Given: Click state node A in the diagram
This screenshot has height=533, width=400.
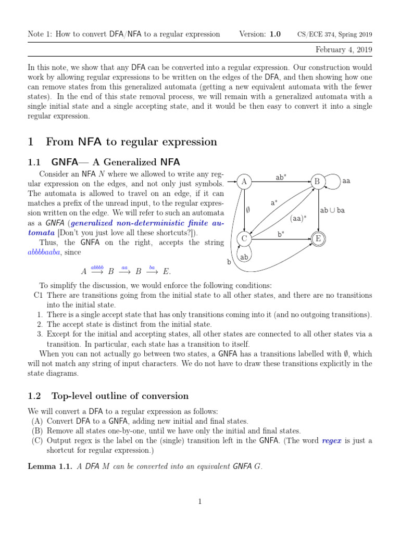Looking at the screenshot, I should (244, 182).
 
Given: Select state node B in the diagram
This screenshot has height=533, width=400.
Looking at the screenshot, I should (316, 182).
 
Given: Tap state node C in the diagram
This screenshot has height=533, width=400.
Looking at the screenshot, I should (244, 239).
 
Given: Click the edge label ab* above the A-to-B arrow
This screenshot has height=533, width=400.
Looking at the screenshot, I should (281, 177).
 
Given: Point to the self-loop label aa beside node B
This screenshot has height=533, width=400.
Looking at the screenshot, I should (346, 182).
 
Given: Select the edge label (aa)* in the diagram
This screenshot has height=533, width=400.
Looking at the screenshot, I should (298, 218).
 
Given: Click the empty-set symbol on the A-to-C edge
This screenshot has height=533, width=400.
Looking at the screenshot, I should (248, 210).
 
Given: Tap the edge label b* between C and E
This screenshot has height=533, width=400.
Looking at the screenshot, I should (281, 234).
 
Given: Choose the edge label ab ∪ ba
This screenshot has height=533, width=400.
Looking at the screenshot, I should (333, 210).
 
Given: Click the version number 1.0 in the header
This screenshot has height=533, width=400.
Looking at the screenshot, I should (274, 34).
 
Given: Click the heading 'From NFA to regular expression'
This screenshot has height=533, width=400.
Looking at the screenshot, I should (131, 142).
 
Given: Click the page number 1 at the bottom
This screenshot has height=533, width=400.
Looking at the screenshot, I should (199, 501).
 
